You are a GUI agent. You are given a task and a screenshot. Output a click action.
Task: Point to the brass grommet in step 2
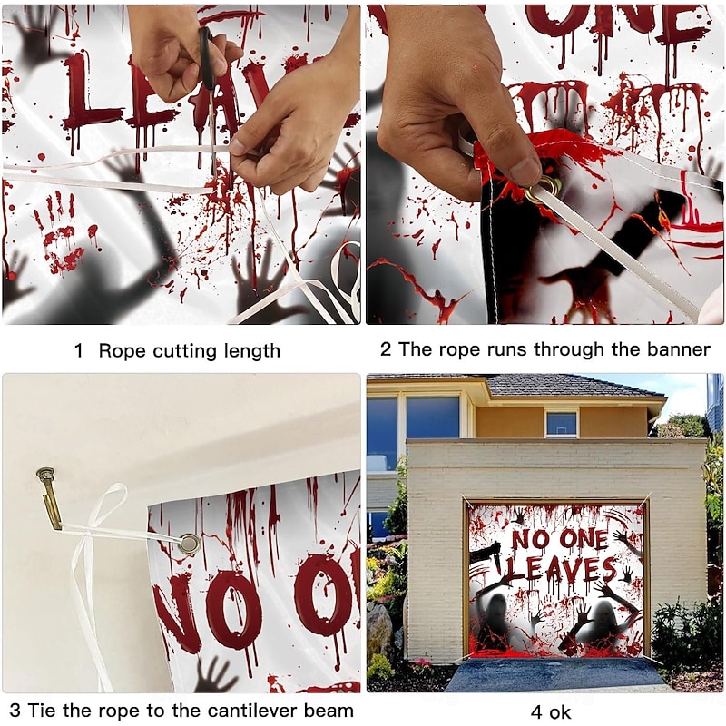coord(544,188)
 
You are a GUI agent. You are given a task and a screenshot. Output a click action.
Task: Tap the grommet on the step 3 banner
coord(190,544)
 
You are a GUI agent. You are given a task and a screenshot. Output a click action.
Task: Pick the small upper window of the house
coord(561,423)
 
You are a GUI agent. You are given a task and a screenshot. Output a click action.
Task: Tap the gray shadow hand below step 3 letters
coord(215,675)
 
